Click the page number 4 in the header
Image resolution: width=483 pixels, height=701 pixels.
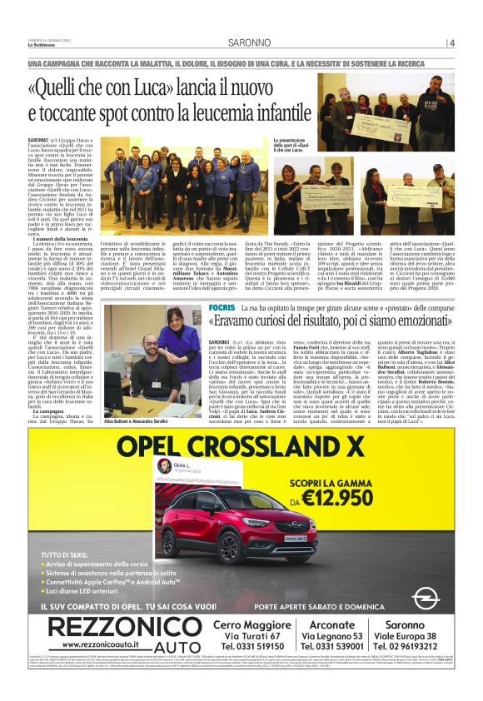[452, 43]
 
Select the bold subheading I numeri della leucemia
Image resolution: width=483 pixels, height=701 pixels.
[63, 216]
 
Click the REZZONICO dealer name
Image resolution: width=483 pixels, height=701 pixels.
[117, 628]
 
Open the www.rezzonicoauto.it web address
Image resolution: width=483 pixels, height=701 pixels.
[101, 645]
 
